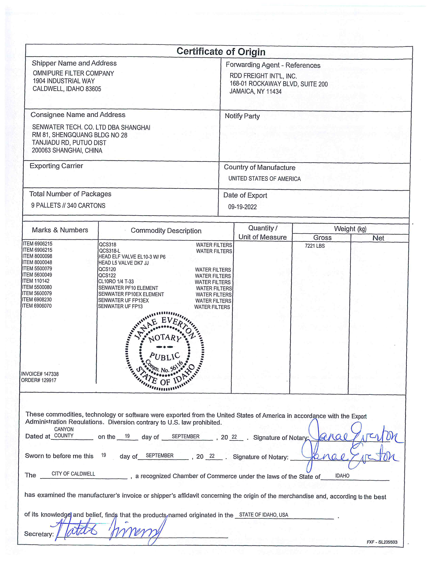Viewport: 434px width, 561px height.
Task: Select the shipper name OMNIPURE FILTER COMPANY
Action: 73,74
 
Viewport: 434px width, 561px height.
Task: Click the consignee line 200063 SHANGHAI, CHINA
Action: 67,150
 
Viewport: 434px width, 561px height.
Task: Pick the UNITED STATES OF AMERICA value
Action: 264,179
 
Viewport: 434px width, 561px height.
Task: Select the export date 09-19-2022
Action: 242,207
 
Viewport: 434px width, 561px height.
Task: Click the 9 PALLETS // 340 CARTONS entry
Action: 68,205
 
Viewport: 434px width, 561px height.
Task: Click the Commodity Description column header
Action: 166,231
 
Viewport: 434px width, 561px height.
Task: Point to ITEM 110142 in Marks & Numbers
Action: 36,281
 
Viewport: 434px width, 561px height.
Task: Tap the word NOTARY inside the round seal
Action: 165,338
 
